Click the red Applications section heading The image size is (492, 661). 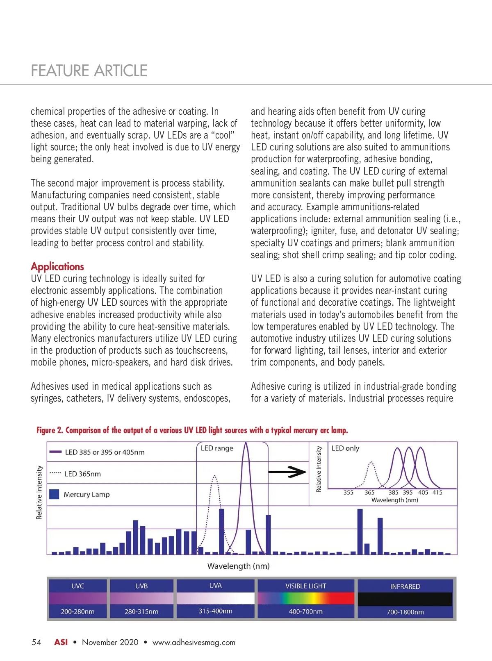57,266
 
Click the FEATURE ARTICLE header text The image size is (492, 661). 89,71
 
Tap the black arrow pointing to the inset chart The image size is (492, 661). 287,472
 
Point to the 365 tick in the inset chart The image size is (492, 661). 369,493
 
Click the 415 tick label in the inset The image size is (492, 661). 437,493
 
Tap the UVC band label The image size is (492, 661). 77,586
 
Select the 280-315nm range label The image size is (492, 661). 141,611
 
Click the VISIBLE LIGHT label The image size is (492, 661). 306,586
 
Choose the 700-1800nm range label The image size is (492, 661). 405,612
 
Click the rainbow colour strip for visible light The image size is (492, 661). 306,598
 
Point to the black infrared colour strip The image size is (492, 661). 405,599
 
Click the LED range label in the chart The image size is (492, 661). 217,448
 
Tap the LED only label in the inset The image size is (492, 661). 345,448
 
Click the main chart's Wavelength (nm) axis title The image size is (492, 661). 239,566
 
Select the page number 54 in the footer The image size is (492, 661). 36,642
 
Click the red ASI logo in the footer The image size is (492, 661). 61,642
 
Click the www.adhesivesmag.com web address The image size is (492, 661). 194,642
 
